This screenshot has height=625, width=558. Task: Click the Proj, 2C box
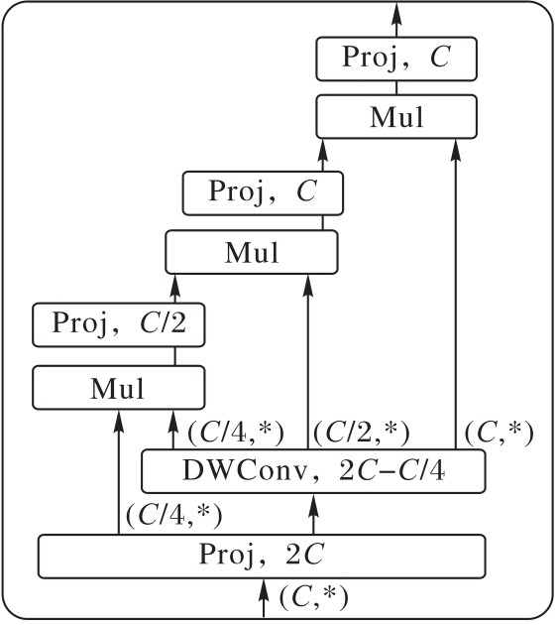pos(262,556)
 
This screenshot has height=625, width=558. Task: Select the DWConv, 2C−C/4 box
pos(313,471)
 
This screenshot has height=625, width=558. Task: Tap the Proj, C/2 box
pos(119,324)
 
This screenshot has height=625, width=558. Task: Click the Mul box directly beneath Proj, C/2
pos(119,388)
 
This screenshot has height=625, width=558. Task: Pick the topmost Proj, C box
pos(396,59)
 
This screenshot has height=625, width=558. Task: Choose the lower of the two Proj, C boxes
pos(263,192)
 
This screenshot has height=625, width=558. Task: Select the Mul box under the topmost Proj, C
pos(396,117)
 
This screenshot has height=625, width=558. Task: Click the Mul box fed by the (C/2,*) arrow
pos(252,252)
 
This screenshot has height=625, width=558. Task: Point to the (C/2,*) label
pos(361,433)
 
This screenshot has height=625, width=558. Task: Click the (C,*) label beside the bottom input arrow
pos(314,597)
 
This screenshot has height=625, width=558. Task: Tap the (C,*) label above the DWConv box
pos(500,433)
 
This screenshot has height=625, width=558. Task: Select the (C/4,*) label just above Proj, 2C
pos(173,516)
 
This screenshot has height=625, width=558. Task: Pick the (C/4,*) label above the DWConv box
pos(236,433)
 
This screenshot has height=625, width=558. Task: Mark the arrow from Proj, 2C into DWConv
pos(313,514)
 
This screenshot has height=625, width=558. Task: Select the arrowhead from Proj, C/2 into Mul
pos(174,289)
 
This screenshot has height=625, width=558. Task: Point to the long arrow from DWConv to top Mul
pos(456,295)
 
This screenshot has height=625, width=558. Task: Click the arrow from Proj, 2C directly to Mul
pos(118,472)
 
